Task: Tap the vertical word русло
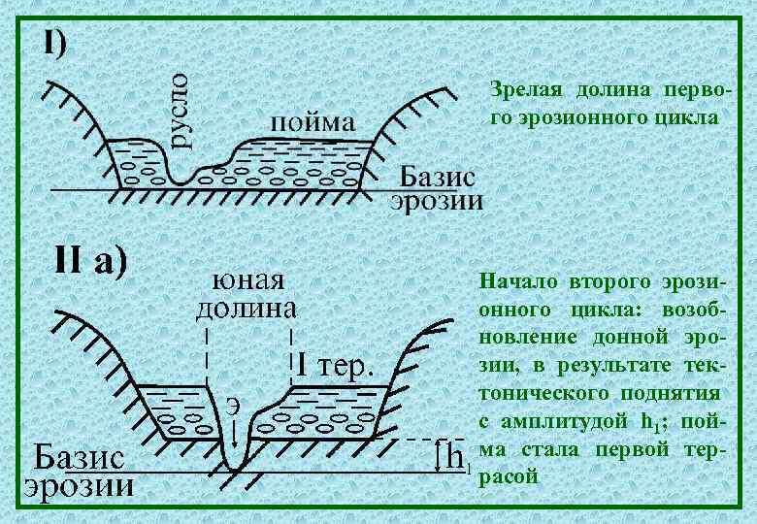pos(181,109)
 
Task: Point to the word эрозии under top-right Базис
pos(437,201)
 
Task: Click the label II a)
pos(88,261)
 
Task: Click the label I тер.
pos(333,367)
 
